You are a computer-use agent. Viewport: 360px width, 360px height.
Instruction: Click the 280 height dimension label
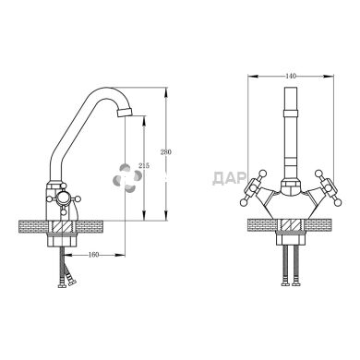166,152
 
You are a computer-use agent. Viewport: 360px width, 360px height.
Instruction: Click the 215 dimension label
144,166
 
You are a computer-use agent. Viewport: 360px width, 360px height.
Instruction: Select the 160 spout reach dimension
93,255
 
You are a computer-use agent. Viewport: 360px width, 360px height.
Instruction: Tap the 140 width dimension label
291,76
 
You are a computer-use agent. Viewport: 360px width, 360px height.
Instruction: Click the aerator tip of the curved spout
125,112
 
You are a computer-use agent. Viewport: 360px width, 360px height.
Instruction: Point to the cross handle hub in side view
63,198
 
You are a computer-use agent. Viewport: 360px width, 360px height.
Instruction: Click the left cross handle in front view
252,188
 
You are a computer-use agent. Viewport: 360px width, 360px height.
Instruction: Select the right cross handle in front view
330,188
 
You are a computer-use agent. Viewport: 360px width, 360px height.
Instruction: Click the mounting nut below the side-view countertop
63,239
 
